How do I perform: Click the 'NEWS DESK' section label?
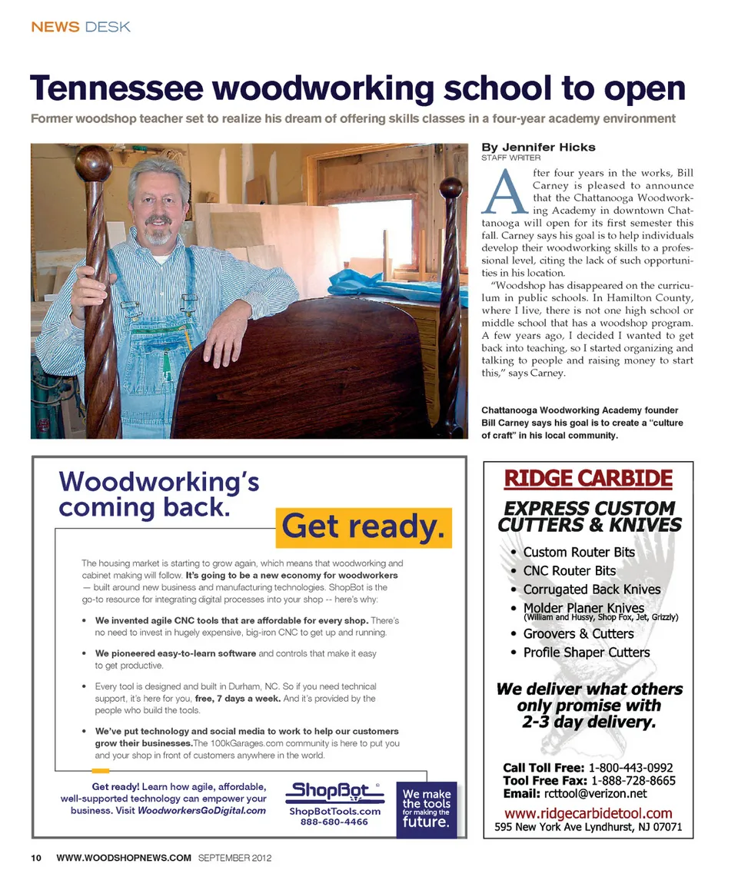point(81,27)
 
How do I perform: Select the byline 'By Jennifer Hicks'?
point(538,147)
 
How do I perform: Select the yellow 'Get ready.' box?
point(363,526)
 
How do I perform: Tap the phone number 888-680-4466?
point(334,822)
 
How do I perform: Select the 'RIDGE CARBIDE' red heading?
point(588,479)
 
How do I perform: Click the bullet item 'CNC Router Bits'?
point(569,571)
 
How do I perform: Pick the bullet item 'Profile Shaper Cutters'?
point(586,653)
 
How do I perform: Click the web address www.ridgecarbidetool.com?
point(587,813)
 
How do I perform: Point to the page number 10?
point(36,857)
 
